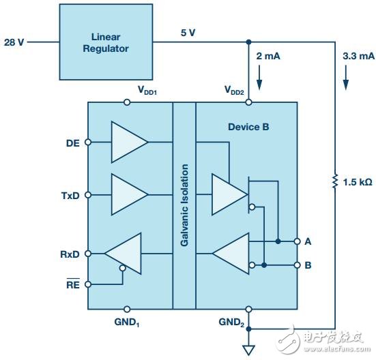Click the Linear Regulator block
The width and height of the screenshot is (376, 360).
106,42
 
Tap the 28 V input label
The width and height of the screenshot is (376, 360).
14,42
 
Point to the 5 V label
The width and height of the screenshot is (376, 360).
188,33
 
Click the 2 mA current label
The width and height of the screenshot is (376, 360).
268,56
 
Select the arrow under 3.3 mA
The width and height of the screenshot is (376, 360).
345,78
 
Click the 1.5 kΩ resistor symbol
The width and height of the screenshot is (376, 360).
335,181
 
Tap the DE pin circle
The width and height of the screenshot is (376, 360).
88,142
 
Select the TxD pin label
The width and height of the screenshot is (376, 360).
70,196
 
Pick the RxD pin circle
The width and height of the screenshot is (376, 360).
88,254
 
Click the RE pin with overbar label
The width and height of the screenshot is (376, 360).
73,284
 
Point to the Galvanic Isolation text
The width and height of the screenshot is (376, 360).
184,205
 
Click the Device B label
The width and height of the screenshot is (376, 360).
248,127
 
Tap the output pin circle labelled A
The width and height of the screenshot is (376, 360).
297,241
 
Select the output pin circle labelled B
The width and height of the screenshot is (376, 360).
297,265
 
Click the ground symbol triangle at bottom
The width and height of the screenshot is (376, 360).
248,350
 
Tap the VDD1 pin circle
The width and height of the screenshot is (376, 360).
127,102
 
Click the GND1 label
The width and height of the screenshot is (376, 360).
127,322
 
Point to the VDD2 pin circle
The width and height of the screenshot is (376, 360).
248,102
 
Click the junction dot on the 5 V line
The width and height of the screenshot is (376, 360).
248,42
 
